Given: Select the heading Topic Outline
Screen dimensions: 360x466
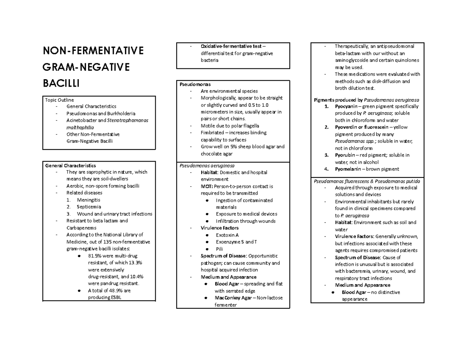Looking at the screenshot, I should pyautogui.click(x=59, y=100).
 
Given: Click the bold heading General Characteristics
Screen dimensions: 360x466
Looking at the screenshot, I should pyautogui.click(x=70, y=165).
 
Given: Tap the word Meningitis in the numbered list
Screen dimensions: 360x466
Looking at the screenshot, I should pyautogui.click(x=89, y=200).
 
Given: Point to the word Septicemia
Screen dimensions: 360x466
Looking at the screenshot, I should pyautogui.click(x=89, y=207).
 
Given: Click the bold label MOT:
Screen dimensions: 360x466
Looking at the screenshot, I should pyautogui.click(x=207, y=186).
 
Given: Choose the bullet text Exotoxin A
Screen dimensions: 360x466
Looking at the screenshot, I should pyautogui.click(x=227, y=235).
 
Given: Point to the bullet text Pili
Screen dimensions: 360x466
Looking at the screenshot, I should pyautogui.click(x=220, y=249).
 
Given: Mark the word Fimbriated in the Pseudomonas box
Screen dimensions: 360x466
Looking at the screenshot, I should pyautogui.click(x=212, y=133).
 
